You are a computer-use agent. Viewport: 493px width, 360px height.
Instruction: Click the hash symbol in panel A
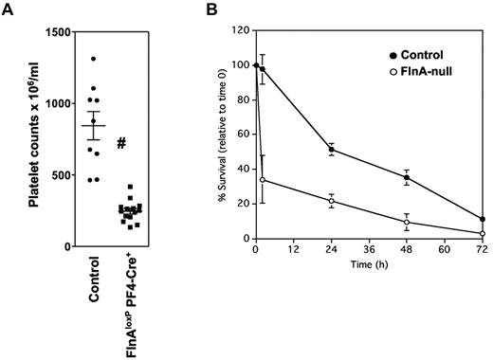[122, 143]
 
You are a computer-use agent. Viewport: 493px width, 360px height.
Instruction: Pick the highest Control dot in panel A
[94, 59]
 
